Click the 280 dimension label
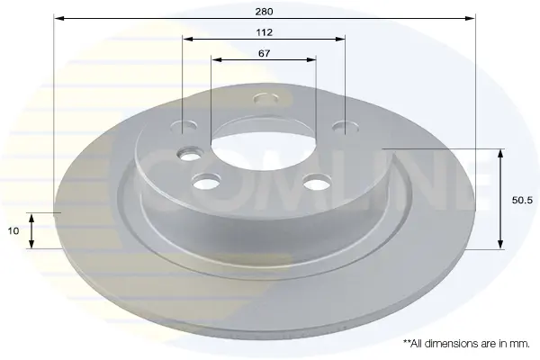264,12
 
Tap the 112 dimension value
264,32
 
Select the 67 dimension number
264,53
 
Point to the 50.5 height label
522,200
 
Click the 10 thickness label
13,230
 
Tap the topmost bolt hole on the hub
265,99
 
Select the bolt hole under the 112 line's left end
184,126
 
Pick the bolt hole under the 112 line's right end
345,127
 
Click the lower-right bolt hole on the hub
317,182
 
